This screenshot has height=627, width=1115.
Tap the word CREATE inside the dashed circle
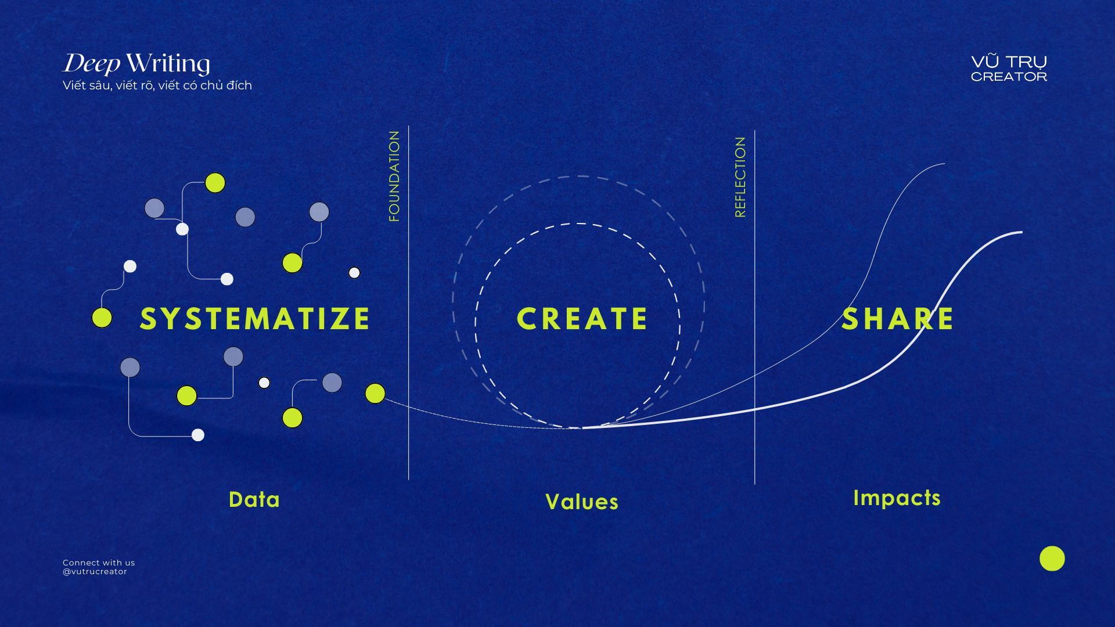582,319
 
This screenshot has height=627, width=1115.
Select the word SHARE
897,319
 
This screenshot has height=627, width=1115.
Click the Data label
254,500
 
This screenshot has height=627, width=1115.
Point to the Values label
582,502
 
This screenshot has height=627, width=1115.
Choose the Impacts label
897,498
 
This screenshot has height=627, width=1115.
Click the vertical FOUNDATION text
394,176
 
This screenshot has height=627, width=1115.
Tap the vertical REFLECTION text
740,177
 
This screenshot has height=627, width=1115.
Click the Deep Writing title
136,63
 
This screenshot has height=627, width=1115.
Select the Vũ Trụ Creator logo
1009,69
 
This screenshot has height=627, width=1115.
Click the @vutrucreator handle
95,572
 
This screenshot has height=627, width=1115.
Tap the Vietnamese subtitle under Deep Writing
157,85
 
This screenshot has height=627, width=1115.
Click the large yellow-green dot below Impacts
1052,558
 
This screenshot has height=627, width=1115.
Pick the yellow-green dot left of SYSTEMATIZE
102,318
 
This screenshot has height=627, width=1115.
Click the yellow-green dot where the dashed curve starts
375,393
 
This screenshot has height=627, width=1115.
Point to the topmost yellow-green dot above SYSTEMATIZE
215,183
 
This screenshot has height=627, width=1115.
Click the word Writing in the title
168,63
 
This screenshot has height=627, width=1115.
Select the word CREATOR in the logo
1009,77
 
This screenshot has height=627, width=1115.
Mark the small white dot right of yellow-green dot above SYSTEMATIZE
354,273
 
